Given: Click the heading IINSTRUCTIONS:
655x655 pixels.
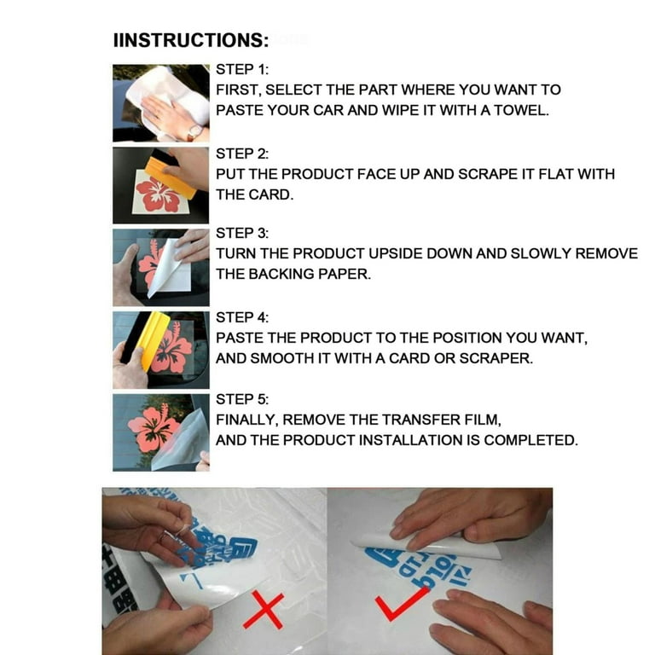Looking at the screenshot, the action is click(x=191, y=41).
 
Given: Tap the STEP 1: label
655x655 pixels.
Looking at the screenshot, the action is click(x=242, y=69).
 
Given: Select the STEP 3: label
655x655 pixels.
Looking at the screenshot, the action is click(x=242, y=233).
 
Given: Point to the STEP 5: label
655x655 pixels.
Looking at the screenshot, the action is click(x=242, y=399).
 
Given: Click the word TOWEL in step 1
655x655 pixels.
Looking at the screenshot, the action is click(x=521, y=110).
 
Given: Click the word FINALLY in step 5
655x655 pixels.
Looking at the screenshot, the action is click(x=246, y=420).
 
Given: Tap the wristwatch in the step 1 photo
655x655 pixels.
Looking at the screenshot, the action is click(x=194, y=132).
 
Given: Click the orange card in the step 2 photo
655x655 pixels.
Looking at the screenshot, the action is click(x=171, y=177).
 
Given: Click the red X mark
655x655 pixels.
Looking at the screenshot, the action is click(x=264, y=610).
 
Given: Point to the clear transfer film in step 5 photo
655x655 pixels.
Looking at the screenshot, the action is click(x=182, y=443).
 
